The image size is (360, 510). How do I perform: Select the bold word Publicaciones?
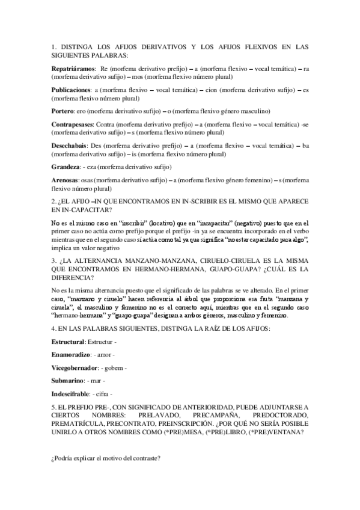tap(72, 88)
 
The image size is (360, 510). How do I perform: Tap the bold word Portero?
tap(63, 111)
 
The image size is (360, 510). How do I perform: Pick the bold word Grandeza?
tap(66, 166)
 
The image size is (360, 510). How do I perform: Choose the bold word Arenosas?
tap(66, 180)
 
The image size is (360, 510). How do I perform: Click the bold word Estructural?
tap(68, 342)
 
